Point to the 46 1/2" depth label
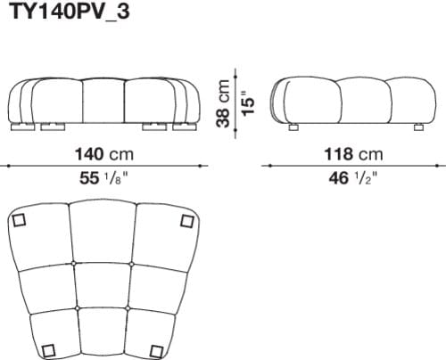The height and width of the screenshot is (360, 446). point(355,178)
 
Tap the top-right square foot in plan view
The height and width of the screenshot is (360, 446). point(186,220)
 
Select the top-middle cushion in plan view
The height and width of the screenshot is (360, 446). point(104,233)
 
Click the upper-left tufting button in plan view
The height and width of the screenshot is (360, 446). point(78,264)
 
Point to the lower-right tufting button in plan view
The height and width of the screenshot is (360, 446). point(130,308)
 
